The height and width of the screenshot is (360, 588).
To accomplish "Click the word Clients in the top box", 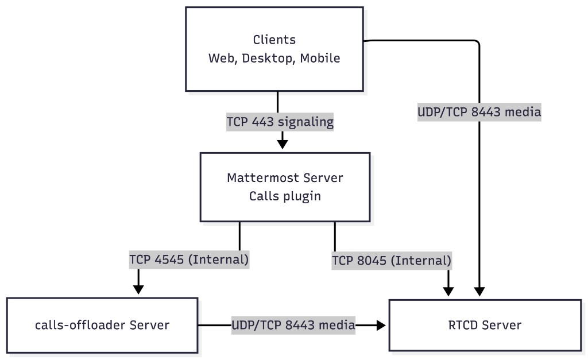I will point(274,40).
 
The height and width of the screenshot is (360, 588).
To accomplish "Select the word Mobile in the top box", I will point(319,58).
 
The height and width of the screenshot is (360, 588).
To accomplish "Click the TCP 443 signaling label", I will point(280,122).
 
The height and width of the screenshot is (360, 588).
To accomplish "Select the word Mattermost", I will point(256,177).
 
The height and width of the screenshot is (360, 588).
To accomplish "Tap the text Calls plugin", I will point(285,196).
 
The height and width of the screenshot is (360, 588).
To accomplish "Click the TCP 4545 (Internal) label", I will point(189,260).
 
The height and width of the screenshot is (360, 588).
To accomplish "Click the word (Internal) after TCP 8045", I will point(421,261).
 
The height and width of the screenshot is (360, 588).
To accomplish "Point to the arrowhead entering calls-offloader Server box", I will point(138,289).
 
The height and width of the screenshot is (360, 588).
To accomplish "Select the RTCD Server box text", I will point(485,325).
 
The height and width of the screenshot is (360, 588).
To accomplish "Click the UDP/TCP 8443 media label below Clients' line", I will point(479,113).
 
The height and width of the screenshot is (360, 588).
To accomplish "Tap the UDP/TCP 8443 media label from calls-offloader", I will point(293,325).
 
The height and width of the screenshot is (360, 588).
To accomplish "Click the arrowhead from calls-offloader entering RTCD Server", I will point(381,325).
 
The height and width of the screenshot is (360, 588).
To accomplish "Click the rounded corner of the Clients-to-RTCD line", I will point(475,43).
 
